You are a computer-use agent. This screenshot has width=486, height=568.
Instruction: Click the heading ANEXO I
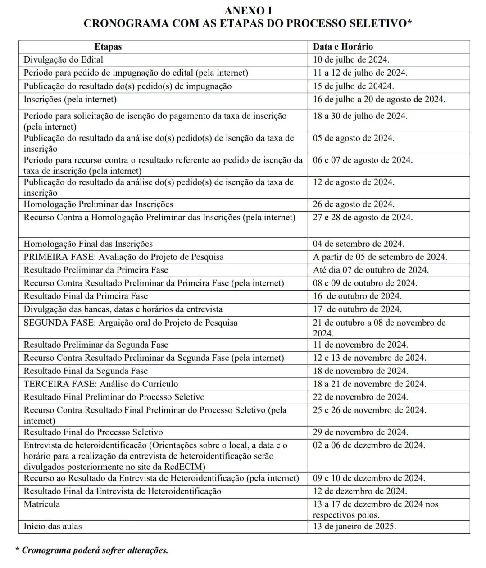(248, 11)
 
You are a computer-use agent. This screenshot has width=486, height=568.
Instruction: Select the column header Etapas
(108, 46)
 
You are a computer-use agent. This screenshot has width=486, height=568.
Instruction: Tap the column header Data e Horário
(343, 46)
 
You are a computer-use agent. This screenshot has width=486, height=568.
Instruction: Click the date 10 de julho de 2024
(351, 59)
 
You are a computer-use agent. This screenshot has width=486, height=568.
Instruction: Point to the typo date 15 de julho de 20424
(354, 86)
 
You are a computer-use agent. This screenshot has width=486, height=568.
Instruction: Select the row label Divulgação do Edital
(64, 59)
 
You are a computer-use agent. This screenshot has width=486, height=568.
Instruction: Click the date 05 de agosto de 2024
(354, 138)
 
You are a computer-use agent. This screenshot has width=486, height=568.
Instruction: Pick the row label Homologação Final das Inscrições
(88, 244)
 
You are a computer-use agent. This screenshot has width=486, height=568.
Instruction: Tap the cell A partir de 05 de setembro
(380, 257)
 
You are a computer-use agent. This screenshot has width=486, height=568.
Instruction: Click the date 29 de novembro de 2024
(360, 432)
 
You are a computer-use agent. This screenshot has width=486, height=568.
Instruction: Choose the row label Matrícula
(42, 504)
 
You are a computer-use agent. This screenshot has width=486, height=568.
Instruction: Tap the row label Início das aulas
(53, 526)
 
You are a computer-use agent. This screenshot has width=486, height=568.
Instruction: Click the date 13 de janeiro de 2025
(354, 526)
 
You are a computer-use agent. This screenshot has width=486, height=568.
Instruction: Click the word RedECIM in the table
(186, 467)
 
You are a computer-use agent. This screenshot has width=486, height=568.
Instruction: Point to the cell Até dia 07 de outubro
(371, 270)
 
